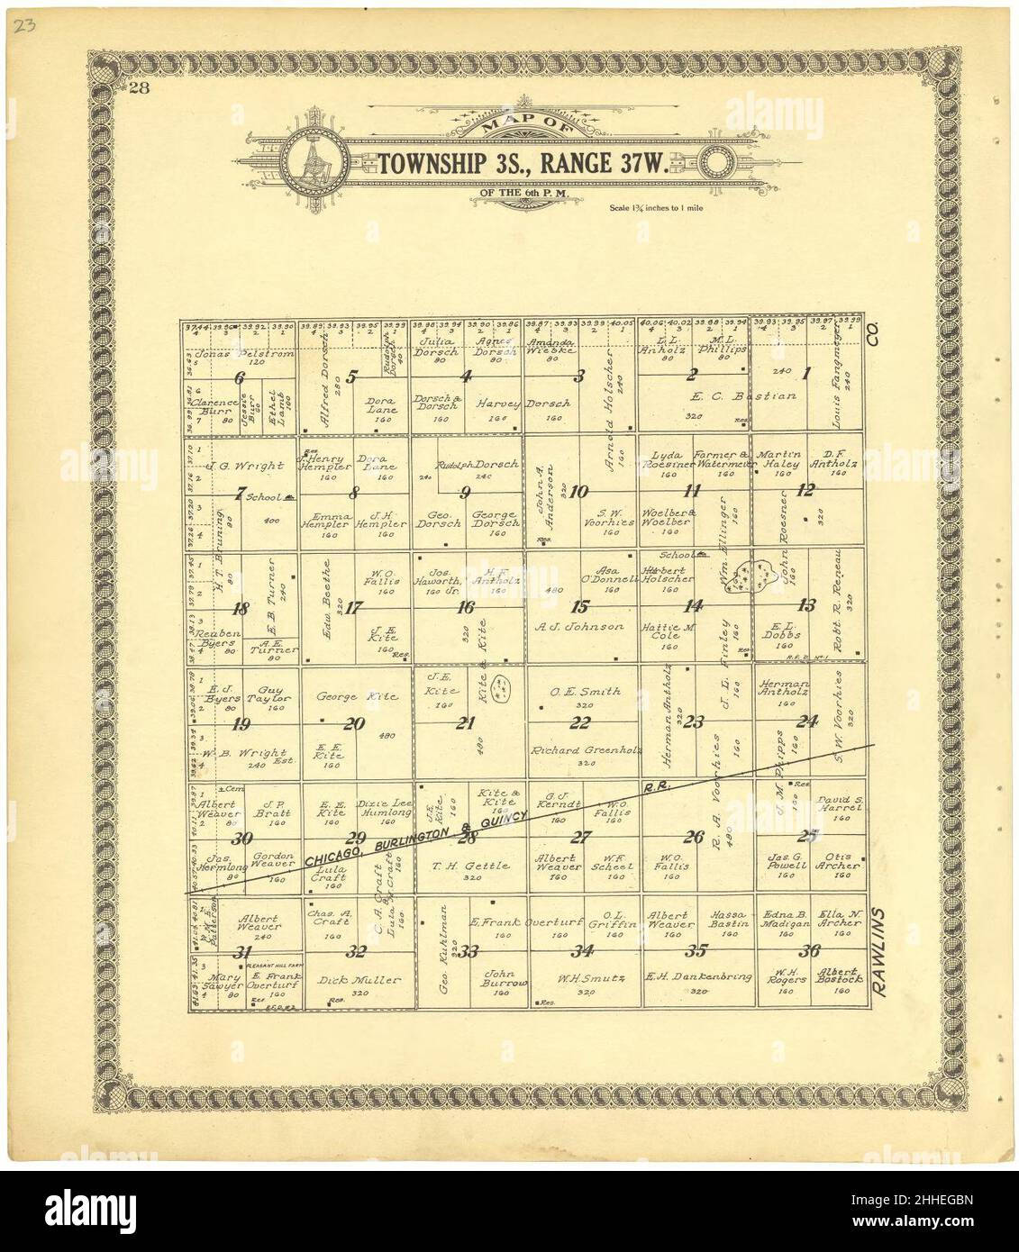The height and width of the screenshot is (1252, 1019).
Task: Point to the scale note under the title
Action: click(656, 208)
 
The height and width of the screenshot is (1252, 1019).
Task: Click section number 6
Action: click(240, 377)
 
